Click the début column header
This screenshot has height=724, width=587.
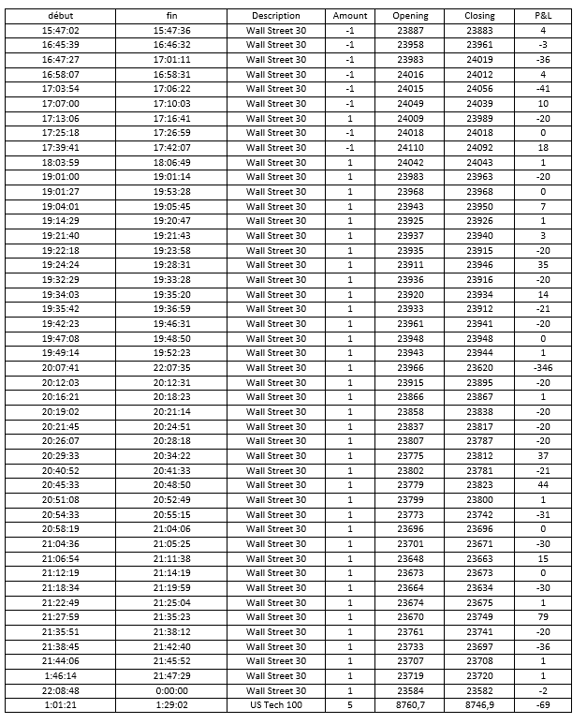tap(61, 16)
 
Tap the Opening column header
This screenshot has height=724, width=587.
tap(410, 16)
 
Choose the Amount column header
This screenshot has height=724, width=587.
tap(350, 16)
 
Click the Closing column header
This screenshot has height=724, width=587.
tap(480, 16)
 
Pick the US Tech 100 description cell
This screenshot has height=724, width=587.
tap(276, 705)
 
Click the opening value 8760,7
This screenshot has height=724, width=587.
tap(410, 705)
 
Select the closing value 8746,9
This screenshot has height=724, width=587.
tap(480, 705)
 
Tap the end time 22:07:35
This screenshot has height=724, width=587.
tap(171, 368)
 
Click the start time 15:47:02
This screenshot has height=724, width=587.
tap(61, 31)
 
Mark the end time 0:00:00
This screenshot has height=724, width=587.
tap(171, 690)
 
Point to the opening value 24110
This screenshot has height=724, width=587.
tap(410, 148)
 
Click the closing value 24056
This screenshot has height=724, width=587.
tap(480, 89)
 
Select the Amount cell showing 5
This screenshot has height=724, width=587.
tap(350, 705)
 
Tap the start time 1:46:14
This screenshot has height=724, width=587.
tap(61, 675)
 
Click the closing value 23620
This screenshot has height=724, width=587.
tap(480, 368)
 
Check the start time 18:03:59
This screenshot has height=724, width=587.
tap(61, 163)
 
